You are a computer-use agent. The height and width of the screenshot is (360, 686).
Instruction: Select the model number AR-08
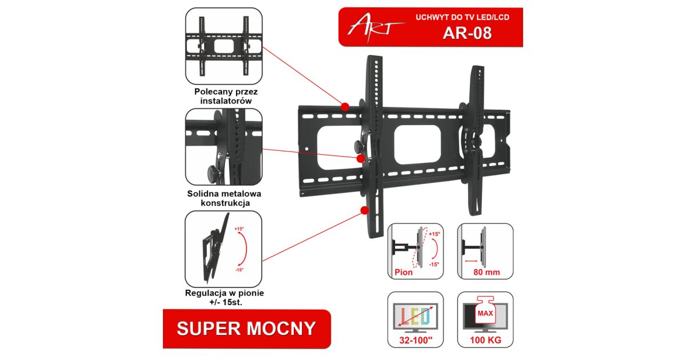[x=467, y=33]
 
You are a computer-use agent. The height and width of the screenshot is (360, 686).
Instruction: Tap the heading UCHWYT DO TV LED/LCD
[x=462, y=17]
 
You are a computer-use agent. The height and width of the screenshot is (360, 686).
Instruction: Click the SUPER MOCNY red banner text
[x=246, y=329]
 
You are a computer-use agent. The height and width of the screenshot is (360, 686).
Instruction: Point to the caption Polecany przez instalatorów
[x=226, y=96]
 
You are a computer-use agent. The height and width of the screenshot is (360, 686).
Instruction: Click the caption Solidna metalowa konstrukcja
[x=224, y=198]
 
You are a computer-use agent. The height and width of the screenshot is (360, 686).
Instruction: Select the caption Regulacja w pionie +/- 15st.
[x=225, y=298]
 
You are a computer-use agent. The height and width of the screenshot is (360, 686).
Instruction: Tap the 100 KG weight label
[x=485, y=340]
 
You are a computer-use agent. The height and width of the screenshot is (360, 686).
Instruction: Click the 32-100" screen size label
[x=416, y=340]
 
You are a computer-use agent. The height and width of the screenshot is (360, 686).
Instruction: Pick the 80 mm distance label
[x=486, y=272]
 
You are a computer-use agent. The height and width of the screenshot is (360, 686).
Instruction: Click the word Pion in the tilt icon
[x=404, y=272]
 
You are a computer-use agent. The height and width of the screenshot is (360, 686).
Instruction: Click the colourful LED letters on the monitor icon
[x=415, y=316]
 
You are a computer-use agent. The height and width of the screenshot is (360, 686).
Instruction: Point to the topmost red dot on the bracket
[x=345, y=107]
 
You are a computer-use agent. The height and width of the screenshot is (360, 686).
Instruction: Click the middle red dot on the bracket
[x=361, y=159]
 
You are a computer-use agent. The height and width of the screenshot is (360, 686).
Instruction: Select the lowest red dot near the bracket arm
[x=365, y=210]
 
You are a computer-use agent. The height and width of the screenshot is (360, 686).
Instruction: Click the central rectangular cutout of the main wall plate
[x=417, y=146]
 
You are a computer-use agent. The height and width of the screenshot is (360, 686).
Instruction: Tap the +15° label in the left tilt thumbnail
[x=239, y=229]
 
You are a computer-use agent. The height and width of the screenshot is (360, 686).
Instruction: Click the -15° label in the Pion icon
[x=434, y=264]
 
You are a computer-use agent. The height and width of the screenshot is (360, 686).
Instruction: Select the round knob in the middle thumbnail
[x=213, y=172]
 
